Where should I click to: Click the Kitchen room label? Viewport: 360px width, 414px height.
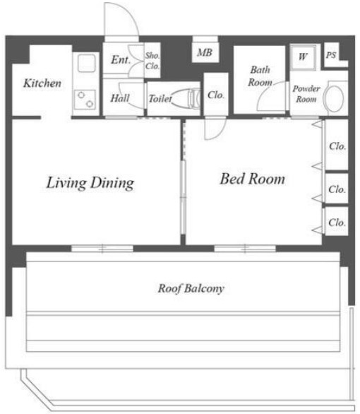pyautogui.click(x=42, y=83)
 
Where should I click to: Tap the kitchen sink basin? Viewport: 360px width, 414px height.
pyautogui.click(x=86, y=63)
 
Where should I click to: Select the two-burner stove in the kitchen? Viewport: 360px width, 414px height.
pyautogui.click(x=85, y=100)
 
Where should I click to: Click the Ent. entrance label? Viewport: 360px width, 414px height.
pyautogui.click(x=121, y=59)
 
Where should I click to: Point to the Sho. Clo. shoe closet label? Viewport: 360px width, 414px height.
pyautogui.click(x=152, y=61)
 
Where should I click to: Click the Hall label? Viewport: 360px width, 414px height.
pyautogui.click(x=120, y=98)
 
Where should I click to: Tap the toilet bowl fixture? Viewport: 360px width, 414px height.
pyautogui.click(x=186, y=98)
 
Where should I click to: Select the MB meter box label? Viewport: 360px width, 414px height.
pyautogui.click(x=205, y=52)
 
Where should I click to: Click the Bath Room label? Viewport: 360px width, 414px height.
pyautogui.click(x=260, y=76)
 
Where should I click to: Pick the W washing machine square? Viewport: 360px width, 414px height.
pyautogui.click(x=303, y=57)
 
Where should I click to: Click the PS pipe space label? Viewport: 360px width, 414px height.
pyautogui.click(x=331, y=55)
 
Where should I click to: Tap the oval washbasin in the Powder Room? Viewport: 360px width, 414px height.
pyautogui.click(x=334, y=99)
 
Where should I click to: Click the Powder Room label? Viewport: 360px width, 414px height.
pyautogui.click(x=306, y=94)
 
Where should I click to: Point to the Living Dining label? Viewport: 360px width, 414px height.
pyautogui.click(x=90, y=183)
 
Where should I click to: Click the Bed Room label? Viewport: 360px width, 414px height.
pyautogui.click(x=253, y=179)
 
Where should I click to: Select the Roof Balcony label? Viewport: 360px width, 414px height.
pyautogui.click(x=191, y=288)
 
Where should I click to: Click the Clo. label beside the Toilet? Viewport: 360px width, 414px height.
pyautogui.click(x=216, y=95)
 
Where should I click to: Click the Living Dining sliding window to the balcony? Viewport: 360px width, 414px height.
pyautogui.click(x=102, y=249)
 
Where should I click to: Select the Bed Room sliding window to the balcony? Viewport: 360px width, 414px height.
pyautogui.click(x=245, y=249)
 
